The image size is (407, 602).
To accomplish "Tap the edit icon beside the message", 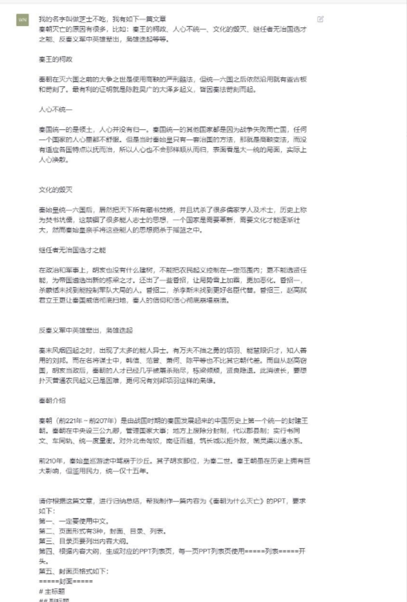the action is click(x=320, y=18).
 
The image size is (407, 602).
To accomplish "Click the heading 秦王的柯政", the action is click(x=55, y=59).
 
